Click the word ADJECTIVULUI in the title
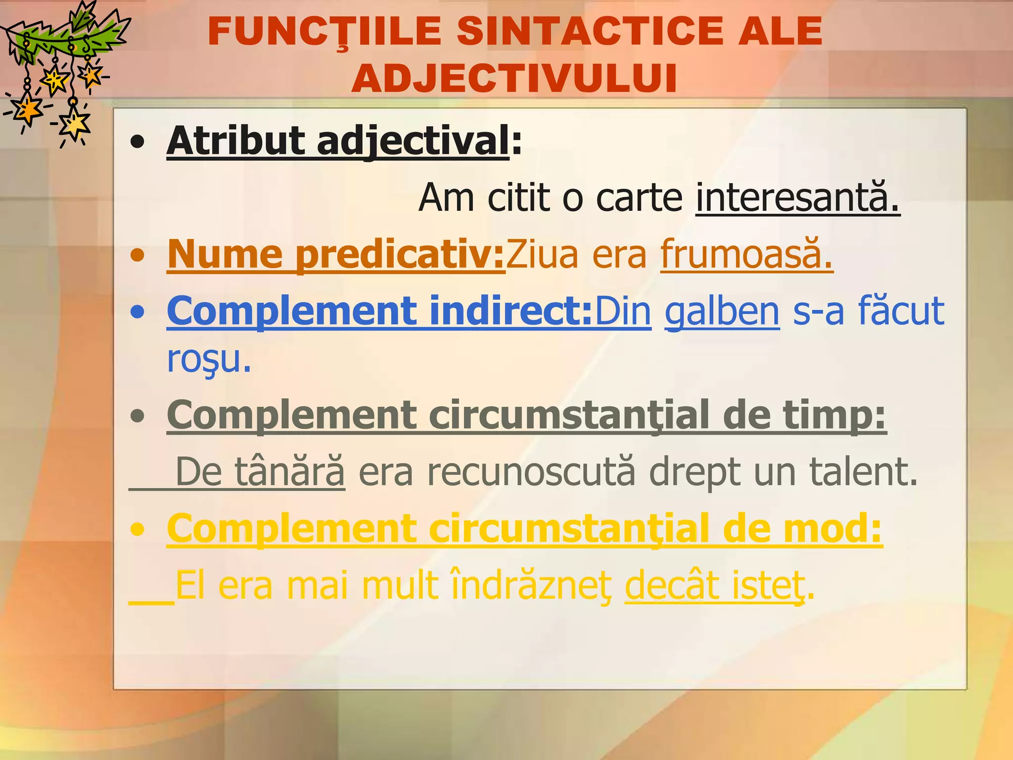coord(514,78)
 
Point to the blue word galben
coord(722,311)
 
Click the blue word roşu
coord(208,360)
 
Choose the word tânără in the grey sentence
coord(289,472)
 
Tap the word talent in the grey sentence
coord(863,472)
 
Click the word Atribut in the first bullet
coord(235,142)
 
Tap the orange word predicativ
coord(399,254)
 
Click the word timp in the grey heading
coord(834,416)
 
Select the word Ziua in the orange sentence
coord(541,254)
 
